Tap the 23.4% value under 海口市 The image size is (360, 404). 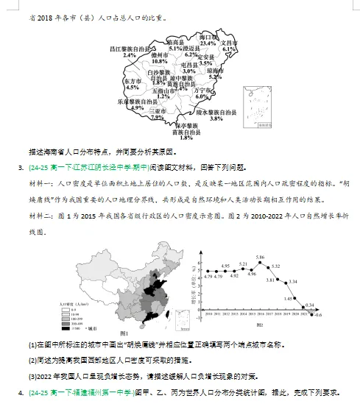[x=208, y=43]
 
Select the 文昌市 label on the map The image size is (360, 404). [x=230, y=43]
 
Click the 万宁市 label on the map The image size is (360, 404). [x=202, y=89]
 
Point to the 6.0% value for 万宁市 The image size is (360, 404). [x=202, y=96]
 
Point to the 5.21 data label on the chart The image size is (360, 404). [x=243, y=263]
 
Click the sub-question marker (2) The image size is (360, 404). [x=32, y=360]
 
